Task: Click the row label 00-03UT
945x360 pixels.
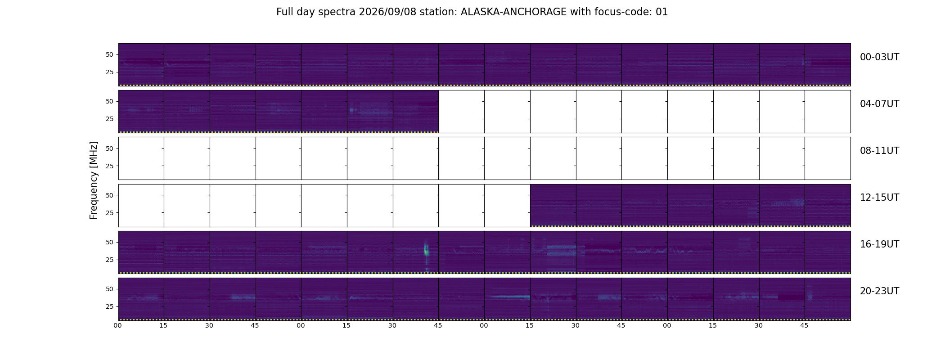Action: tap(879, 57)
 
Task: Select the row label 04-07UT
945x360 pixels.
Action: tap(879, 104)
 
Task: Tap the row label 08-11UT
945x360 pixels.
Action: tap(879, 151)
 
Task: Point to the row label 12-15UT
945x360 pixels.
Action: tap(879, 198)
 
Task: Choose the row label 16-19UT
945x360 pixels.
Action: tap(879, 244)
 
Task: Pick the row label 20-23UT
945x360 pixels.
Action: tap(879, 291)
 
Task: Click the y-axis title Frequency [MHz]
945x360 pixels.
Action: tap(94, 180)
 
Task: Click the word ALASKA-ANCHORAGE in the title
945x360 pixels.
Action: tap(513, 12)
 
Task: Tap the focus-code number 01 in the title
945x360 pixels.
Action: tap(661, 12)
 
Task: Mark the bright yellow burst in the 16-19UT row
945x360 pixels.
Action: tap(426, 249)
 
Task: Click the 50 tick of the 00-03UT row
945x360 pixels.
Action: tap(109, 54)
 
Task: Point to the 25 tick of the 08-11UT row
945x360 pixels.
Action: tap(109, 166)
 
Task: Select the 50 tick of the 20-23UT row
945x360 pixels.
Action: tap(109, 289)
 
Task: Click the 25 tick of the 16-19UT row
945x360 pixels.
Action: tap(109, 260)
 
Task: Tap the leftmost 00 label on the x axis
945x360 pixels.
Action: tap(118, 325)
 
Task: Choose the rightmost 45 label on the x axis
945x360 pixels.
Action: tap(804, 325)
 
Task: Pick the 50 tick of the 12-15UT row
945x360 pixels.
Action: tap(109, 195)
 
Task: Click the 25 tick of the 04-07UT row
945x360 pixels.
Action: tap(109, 119)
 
